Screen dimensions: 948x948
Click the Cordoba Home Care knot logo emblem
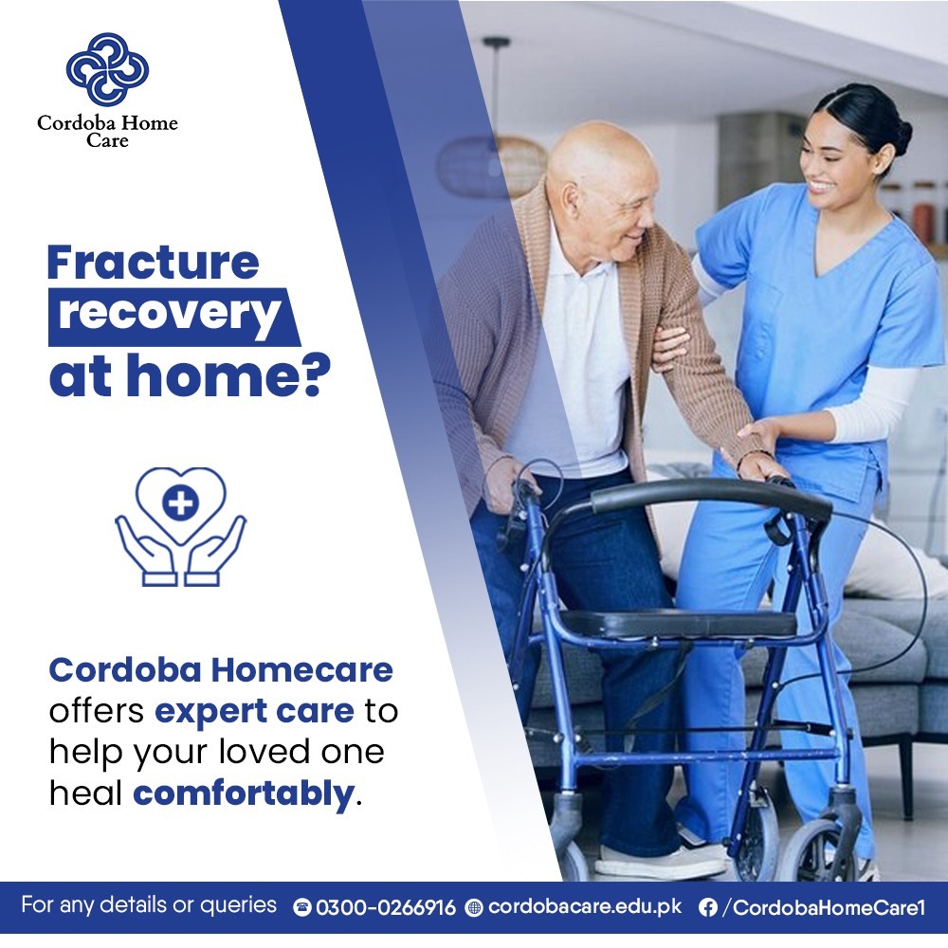point(107,69)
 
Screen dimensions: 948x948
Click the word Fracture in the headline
point(153,262)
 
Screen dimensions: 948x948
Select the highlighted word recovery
point(170,315)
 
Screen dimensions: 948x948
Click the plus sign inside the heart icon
point(180,502)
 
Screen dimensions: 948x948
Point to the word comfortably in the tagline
point(243,793)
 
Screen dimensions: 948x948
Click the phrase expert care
point(254,710)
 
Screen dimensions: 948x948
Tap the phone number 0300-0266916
point(385,907)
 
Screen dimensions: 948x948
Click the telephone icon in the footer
point(302,907)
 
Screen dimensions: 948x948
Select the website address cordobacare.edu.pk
point(585,906)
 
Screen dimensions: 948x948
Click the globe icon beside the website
point(474,907)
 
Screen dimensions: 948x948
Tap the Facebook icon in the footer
point(707,907)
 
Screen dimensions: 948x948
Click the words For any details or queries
point(149,905)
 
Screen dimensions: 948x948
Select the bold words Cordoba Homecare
point(221,670)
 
